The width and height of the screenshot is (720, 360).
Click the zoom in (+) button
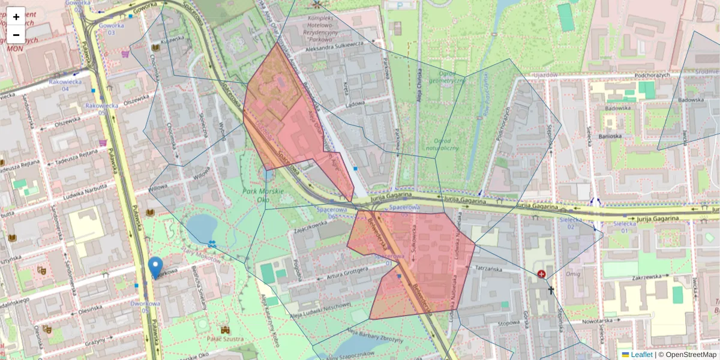coord(16,16)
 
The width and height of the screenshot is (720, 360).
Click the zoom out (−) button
coord(16,35)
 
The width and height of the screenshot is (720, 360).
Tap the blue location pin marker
coord(155,268)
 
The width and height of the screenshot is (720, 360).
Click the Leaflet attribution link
coord(640,355)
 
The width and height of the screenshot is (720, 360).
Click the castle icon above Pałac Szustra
coord(225,330)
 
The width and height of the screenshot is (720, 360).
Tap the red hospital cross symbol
coord(542,274)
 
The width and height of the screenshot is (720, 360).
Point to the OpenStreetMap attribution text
coord(688,355)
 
